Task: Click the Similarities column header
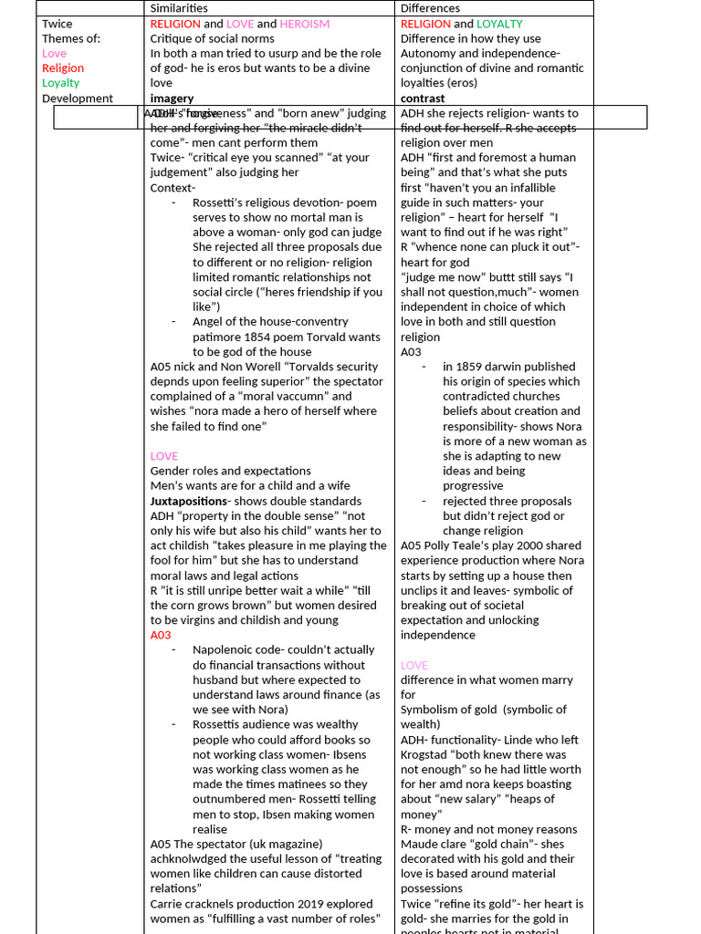(179, 8)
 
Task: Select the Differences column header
(430, 8)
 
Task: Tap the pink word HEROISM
(305, 24)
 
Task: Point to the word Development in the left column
(78, 99)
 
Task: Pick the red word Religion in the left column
(63, 68)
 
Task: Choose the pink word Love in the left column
(55, 54)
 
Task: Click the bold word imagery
(172, 99)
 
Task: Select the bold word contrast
(423, 99)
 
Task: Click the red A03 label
(162, 635)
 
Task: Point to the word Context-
(173, 188)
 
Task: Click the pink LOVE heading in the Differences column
(413, 665)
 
